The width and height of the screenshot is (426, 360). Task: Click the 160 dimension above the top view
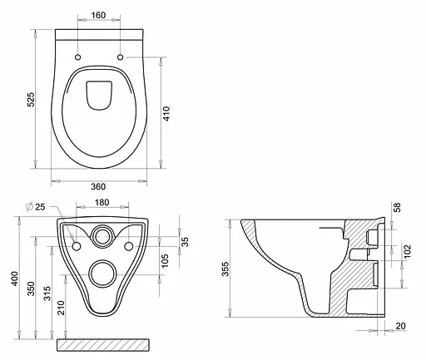point(98,16)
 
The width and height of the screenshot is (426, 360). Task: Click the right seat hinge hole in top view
point(121,57)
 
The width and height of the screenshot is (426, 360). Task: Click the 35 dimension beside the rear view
point(185,243)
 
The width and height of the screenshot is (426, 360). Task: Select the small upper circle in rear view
point(103,235)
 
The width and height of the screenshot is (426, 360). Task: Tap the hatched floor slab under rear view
point(103,344)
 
